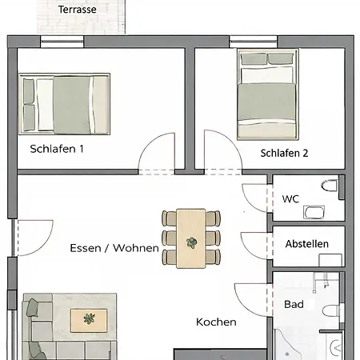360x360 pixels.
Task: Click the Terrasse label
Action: [x=78, y=10]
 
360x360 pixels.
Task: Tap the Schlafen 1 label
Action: [x=57, y=149]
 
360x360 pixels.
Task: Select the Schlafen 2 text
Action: [x=284, y=153]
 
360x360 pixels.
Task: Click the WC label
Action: [x=290, y=199]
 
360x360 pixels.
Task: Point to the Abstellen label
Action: [x=307, y=244]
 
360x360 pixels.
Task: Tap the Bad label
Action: [x=294, y=304]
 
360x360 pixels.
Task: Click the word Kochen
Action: [x=216, y=322]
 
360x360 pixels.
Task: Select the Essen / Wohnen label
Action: [x=114, y=248]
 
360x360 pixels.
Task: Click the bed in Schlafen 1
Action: [x=64, y=104]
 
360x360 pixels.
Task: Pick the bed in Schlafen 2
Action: [x=268, y=94]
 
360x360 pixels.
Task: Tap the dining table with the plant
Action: [x=191, y=238]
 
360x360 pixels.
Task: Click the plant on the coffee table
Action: [x=89, y=318]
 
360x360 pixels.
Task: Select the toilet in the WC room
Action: [x=330, y=186]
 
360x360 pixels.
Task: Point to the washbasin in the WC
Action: [x=314, y=212]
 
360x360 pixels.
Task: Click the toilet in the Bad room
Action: [x=331, y=310]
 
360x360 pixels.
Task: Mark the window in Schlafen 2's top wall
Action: [x=254, y=42]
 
